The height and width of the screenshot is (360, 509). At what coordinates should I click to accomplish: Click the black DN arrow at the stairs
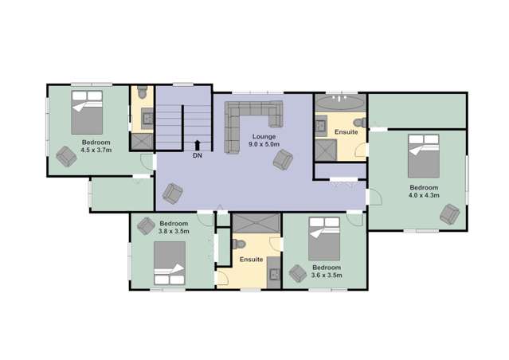(x=197, y=145)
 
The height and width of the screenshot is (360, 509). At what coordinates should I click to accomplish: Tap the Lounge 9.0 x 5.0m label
(x=264, y=141)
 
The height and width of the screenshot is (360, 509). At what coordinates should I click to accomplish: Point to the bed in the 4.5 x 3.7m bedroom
(x=88, y=113)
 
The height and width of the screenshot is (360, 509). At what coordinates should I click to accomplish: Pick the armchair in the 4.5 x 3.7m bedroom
(x=66, y=158)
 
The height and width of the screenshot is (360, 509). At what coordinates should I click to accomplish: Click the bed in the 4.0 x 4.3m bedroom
(x=424, y=156)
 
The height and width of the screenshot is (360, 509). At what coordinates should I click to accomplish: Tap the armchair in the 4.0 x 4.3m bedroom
(x=450, y=213)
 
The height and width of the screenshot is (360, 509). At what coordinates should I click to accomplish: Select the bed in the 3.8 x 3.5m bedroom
(x=170, y=264)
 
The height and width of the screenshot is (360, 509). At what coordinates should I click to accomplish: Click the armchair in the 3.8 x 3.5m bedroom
(x=145, y=225)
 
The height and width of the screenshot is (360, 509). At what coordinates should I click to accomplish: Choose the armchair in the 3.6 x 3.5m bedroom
(x=298, y=274)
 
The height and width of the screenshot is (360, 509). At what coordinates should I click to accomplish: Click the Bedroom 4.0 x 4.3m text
(x=423, y=192)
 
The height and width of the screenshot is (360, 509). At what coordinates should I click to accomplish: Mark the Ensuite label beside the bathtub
(x=346, y=132)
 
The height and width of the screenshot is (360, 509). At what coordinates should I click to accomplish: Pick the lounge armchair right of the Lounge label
(x=282, y=161)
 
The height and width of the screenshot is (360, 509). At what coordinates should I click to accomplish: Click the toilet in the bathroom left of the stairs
(x=142, y=95)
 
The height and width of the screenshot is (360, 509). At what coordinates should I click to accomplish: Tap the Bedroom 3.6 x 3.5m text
(x=326, y=272)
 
